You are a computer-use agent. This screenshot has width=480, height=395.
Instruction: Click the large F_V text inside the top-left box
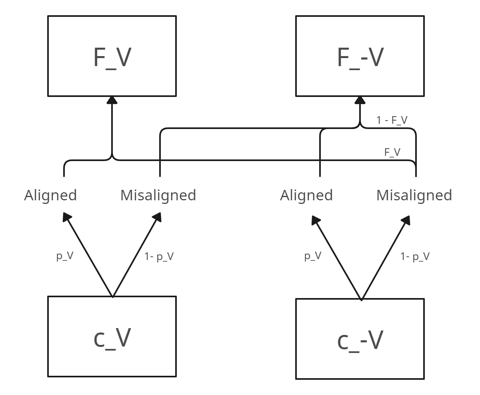click(112, 57)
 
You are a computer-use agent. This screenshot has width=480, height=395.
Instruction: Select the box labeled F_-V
click(360, 56)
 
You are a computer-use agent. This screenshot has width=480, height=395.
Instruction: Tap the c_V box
click(112, 337)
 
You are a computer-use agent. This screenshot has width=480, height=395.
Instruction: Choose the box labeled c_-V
click(360, 339)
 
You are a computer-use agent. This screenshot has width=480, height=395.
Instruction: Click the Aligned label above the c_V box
click(50, 195)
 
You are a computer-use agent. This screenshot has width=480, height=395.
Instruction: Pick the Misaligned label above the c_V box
click(158, 195)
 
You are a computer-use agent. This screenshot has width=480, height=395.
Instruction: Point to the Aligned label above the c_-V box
click(306, 195)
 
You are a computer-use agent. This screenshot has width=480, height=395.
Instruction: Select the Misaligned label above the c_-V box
click(414, 195)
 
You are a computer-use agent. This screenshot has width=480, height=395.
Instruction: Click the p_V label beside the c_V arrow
click(65, 256)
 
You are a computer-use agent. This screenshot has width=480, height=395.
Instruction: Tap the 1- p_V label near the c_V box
click(159, 256)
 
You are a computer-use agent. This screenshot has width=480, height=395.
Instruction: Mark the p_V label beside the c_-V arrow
click(313, 256)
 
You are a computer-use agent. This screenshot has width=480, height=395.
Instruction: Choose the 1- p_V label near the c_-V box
click(415, 256)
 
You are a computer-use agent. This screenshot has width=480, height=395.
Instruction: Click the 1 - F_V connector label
click(392, 120)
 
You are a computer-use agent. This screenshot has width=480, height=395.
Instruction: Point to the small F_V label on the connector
click(392, 152)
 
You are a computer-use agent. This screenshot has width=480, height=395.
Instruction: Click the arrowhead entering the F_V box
click(112, 100)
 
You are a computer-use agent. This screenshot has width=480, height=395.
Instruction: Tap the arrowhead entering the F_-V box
click(360, 100)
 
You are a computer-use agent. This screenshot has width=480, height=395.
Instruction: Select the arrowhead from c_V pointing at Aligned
click(67, 217)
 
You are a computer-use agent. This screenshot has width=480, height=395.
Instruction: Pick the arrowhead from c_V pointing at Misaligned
click(157, 217)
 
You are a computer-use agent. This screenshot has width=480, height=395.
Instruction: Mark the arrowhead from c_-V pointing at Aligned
click(316, 220)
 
